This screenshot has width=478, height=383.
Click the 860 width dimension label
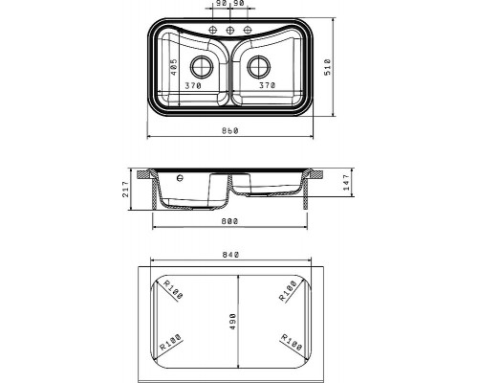click(230, 130)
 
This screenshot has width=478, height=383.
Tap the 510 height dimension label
click(327, 67)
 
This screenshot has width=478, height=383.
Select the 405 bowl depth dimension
click(174, 67)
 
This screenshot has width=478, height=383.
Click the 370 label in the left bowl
click(193, 85)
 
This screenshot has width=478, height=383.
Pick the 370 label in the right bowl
click(267, 85)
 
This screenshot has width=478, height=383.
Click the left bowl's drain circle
click(202, 67)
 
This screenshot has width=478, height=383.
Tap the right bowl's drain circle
click(259, 67)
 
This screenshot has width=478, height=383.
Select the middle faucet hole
click(229, 30)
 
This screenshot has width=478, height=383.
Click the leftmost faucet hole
click(212, 30)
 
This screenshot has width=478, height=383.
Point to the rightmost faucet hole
click(248, 30)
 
